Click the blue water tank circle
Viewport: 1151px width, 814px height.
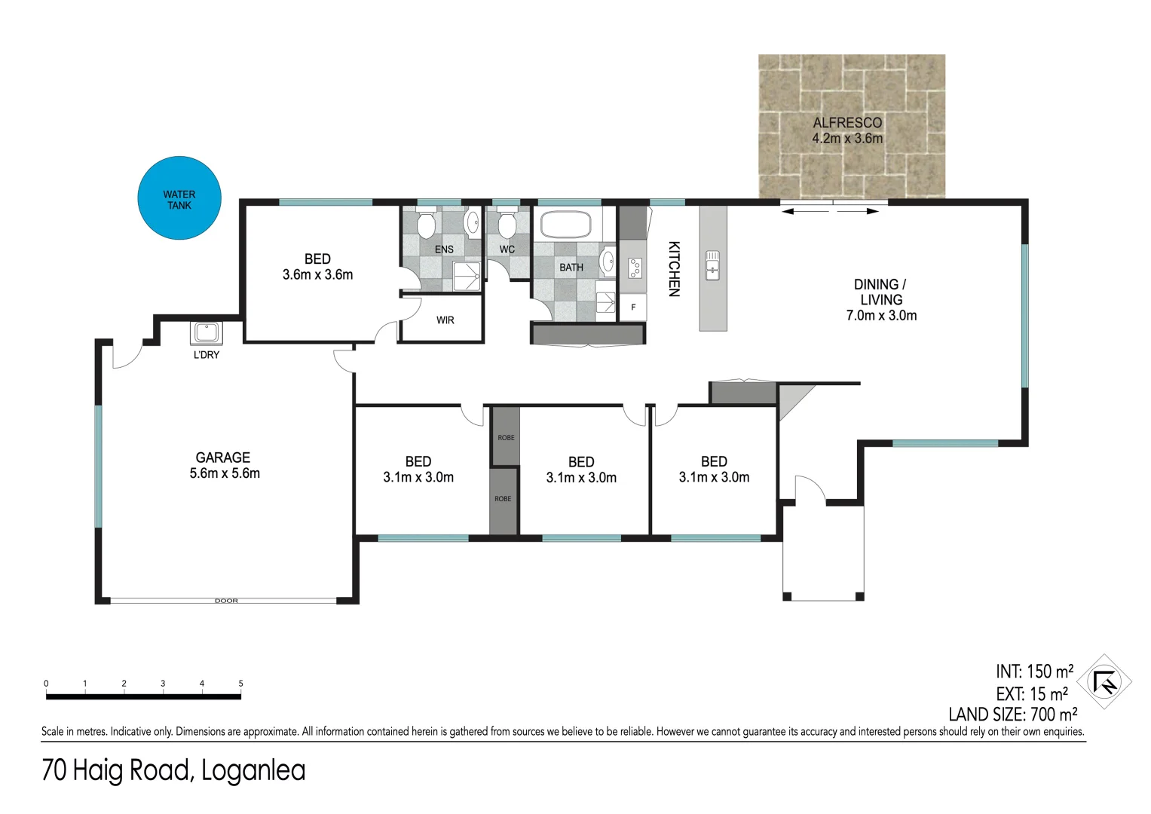click(179, 199)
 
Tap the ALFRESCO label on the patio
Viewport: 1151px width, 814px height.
click(847, 123)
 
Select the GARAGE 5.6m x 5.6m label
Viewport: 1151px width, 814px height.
click(224, 465)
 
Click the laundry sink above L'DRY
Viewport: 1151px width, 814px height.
click(206, 332)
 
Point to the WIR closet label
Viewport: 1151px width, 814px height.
click(445, 320)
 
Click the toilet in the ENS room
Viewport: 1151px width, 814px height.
click(427, 225)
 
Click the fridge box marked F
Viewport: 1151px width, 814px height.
click(633, 307)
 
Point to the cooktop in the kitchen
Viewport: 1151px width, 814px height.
click(635, 267)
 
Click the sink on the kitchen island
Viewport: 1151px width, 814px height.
click(712, 265)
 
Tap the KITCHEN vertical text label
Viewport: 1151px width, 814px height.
click(674, 269)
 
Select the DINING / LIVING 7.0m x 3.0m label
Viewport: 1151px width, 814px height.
click(881, 300)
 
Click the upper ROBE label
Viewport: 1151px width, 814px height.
click(506, 438)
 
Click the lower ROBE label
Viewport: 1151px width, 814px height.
click(503, 499)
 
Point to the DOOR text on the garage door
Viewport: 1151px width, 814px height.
click(226, 601)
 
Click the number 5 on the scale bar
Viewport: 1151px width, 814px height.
click(241, 684)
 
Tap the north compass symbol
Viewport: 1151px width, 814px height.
click(1104, 682)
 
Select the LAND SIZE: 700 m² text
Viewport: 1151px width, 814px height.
click(1012, 715)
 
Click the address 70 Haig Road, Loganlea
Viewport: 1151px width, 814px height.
click(173, 770)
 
